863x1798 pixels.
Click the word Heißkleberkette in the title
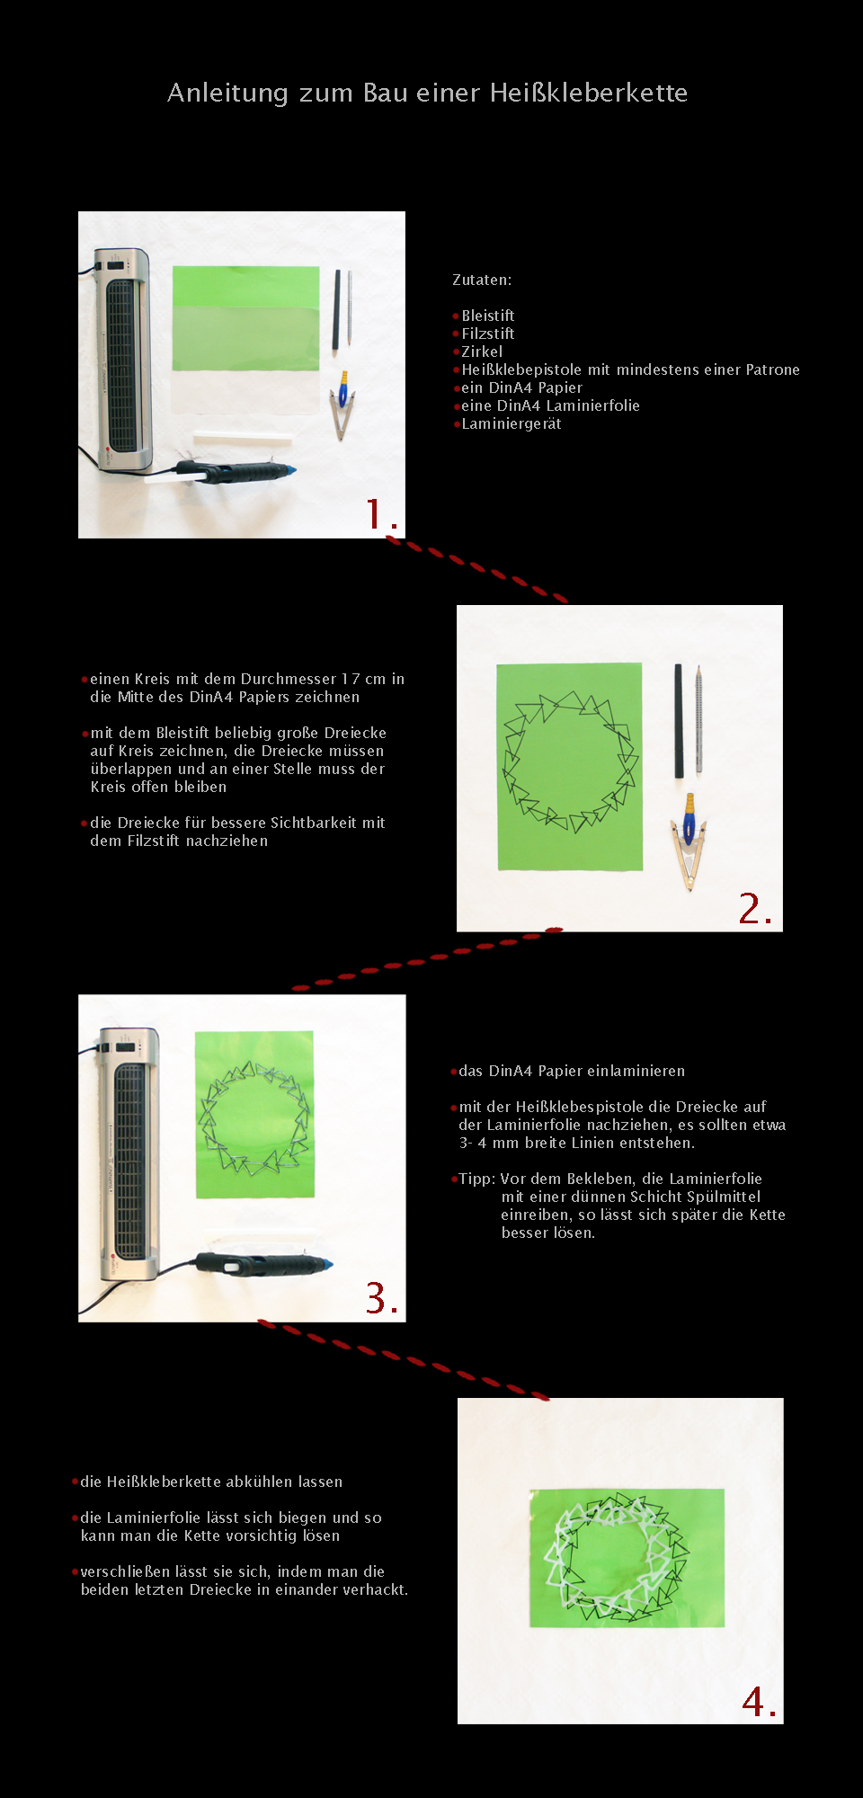[x=589, y=93]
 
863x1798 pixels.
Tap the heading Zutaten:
[x=482, y=280]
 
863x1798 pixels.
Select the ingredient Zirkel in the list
[x=482, y=352]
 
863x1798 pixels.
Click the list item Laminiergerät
[x=512, y=424]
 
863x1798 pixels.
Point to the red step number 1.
[x=381, y=514]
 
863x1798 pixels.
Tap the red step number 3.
[x=381, y=1298]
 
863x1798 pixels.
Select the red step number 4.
[x=759, y=1702]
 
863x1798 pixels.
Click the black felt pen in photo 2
[x=679, y=720]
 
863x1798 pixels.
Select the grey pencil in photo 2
[x=698, y=719]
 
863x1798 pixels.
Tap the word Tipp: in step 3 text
[x=477, y=1179]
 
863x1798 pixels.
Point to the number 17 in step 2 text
[x=351, y=679]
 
